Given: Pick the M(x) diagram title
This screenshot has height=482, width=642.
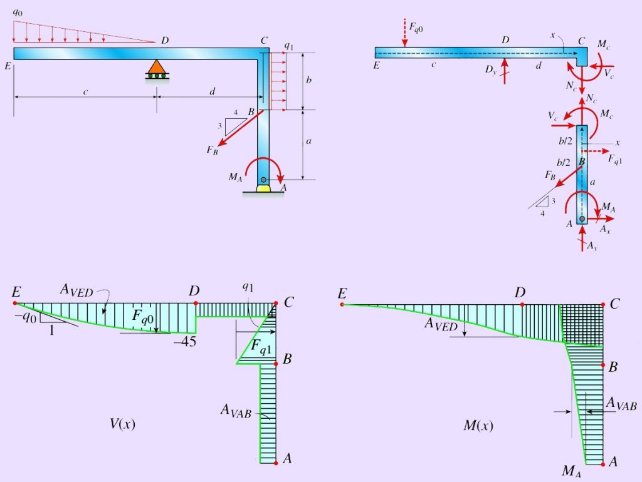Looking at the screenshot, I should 477,426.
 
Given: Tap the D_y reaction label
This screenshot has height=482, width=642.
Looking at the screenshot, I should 490,69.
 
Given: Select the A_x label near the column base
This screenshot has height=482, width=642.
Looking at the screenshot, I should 604,230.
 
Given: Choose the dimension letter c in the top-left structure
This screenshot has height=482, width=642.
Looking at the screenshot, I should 85,92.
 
